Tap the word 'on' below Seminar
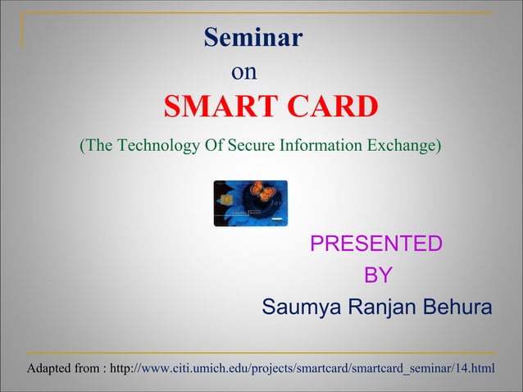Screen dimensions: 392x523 [244, 72]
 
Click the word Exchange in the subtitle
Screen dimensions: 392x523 [402, 146]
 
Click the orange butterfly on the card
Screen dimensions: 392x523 [262, 190]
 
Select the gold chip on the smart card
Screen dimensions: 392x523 [223, 197]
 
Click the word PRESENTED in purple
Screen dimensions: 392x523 [376, 244]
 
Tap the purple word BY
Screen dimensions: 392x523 [377, 276]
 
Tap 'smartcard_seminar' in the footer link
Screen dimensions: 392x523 [402, 367]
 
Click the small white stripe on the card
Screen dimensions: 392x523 [277, 221]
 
